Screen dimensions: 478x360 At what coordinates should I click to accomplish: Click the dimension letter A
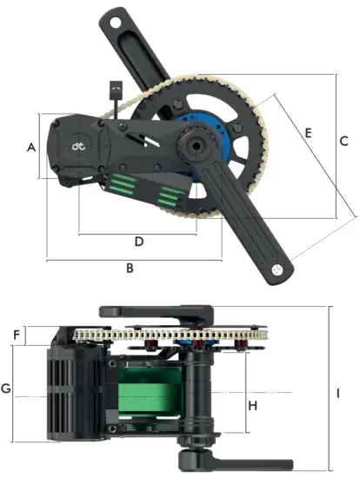coord(31,148)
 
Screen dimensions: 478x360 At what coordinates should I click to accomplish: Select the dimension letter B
coord(130,269)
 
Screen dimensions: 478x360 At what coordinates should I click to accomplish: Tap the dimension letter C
coord(343,141)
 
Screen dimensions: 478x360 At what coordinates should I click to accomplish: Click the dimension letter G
coord(6,388)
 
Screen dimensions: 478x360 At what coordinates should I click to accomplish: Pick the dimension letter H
coord(253,406)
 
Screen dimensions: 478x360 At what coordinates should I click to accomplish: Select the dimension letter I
coord(337,393)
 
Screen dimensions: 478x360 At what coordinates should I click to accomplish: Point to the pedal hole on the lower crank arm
coord(276,270)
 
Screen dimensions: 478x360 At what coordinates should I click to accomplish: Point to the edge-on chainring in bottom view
coord(174,335)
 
